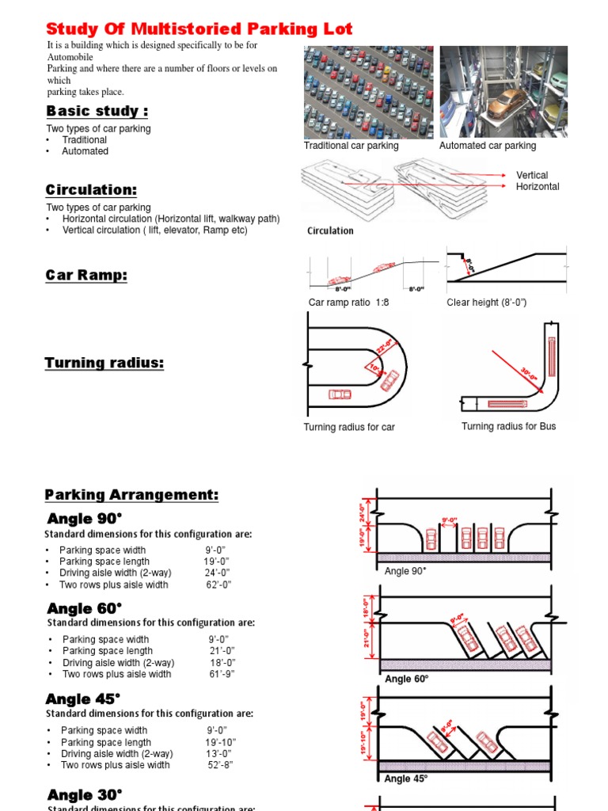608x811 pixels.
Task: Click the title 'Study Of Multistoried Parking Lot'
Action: (x=199, y=29)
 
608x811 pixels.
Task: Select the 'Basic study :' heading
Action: (x=97, y=111)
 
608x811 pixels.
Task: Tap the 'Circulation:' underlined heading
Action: (x=91, y=190)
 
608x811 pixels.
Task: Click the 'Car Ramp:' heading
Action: (x=86, y=276)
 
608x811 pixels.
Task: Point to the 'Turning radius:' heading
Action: (x=104, y=363)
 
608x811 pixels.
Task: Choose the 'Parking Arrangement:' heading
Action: (x=131, y=495)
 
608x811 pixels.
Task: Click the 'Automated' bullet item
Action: (x=85, y=151)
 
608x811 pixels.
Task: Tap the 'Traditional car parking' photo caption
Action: (x=351, y=146)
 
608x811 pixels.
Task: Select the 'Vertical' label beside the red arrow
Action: (x=532, y=175)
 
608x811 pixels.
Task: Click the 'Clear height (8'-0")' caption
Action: (x=487, y=303)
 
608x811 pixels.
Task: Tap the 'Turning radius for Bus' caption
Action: (x=508, y=427)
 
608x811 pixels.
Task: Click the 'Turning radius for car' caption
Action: (x=349, y=428)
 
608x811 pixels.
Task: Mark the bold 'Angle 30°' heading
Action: (x=85, y=795)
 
